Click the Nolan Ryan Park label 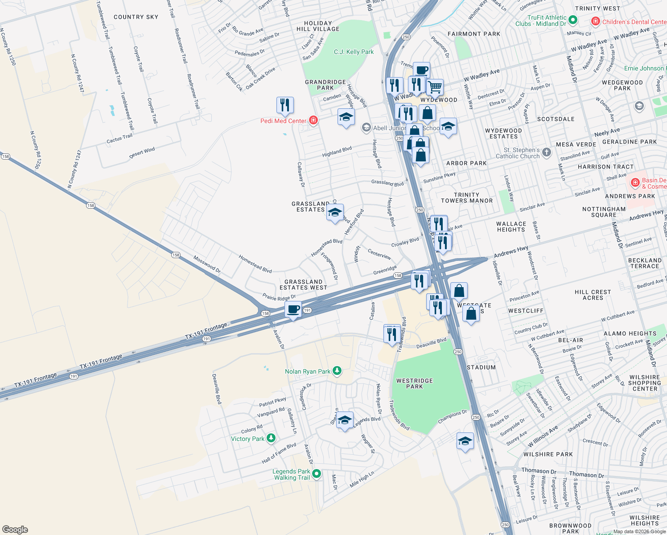[308, 371]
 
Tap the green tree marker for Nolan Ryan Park [338, 371]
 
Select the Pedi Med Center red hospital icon [313, 120]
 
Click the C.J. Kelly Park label [354, 52]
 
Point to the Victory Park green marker [271, 439]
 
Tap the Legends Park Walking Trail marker [317, 473]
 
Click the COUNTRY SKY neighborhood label [136, 17]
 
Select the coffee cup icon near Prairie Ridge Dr [293, 309]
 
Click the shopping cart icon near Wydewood [435, 86]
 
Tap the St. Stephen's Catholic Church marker [547, 153]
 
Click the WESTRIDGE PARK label [415, 383]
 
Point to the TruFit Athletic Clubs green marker [573, 20]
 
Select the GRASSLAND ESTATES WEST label [303, 284]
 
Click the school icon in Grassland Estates [335, 212]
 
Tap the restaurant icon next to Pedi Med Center [285, 105]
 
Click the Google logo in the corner [15, 530]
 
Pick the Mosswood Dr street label [207, 264]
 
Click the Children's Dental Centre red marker [595, 21]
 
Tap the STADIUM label [481, 367]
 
